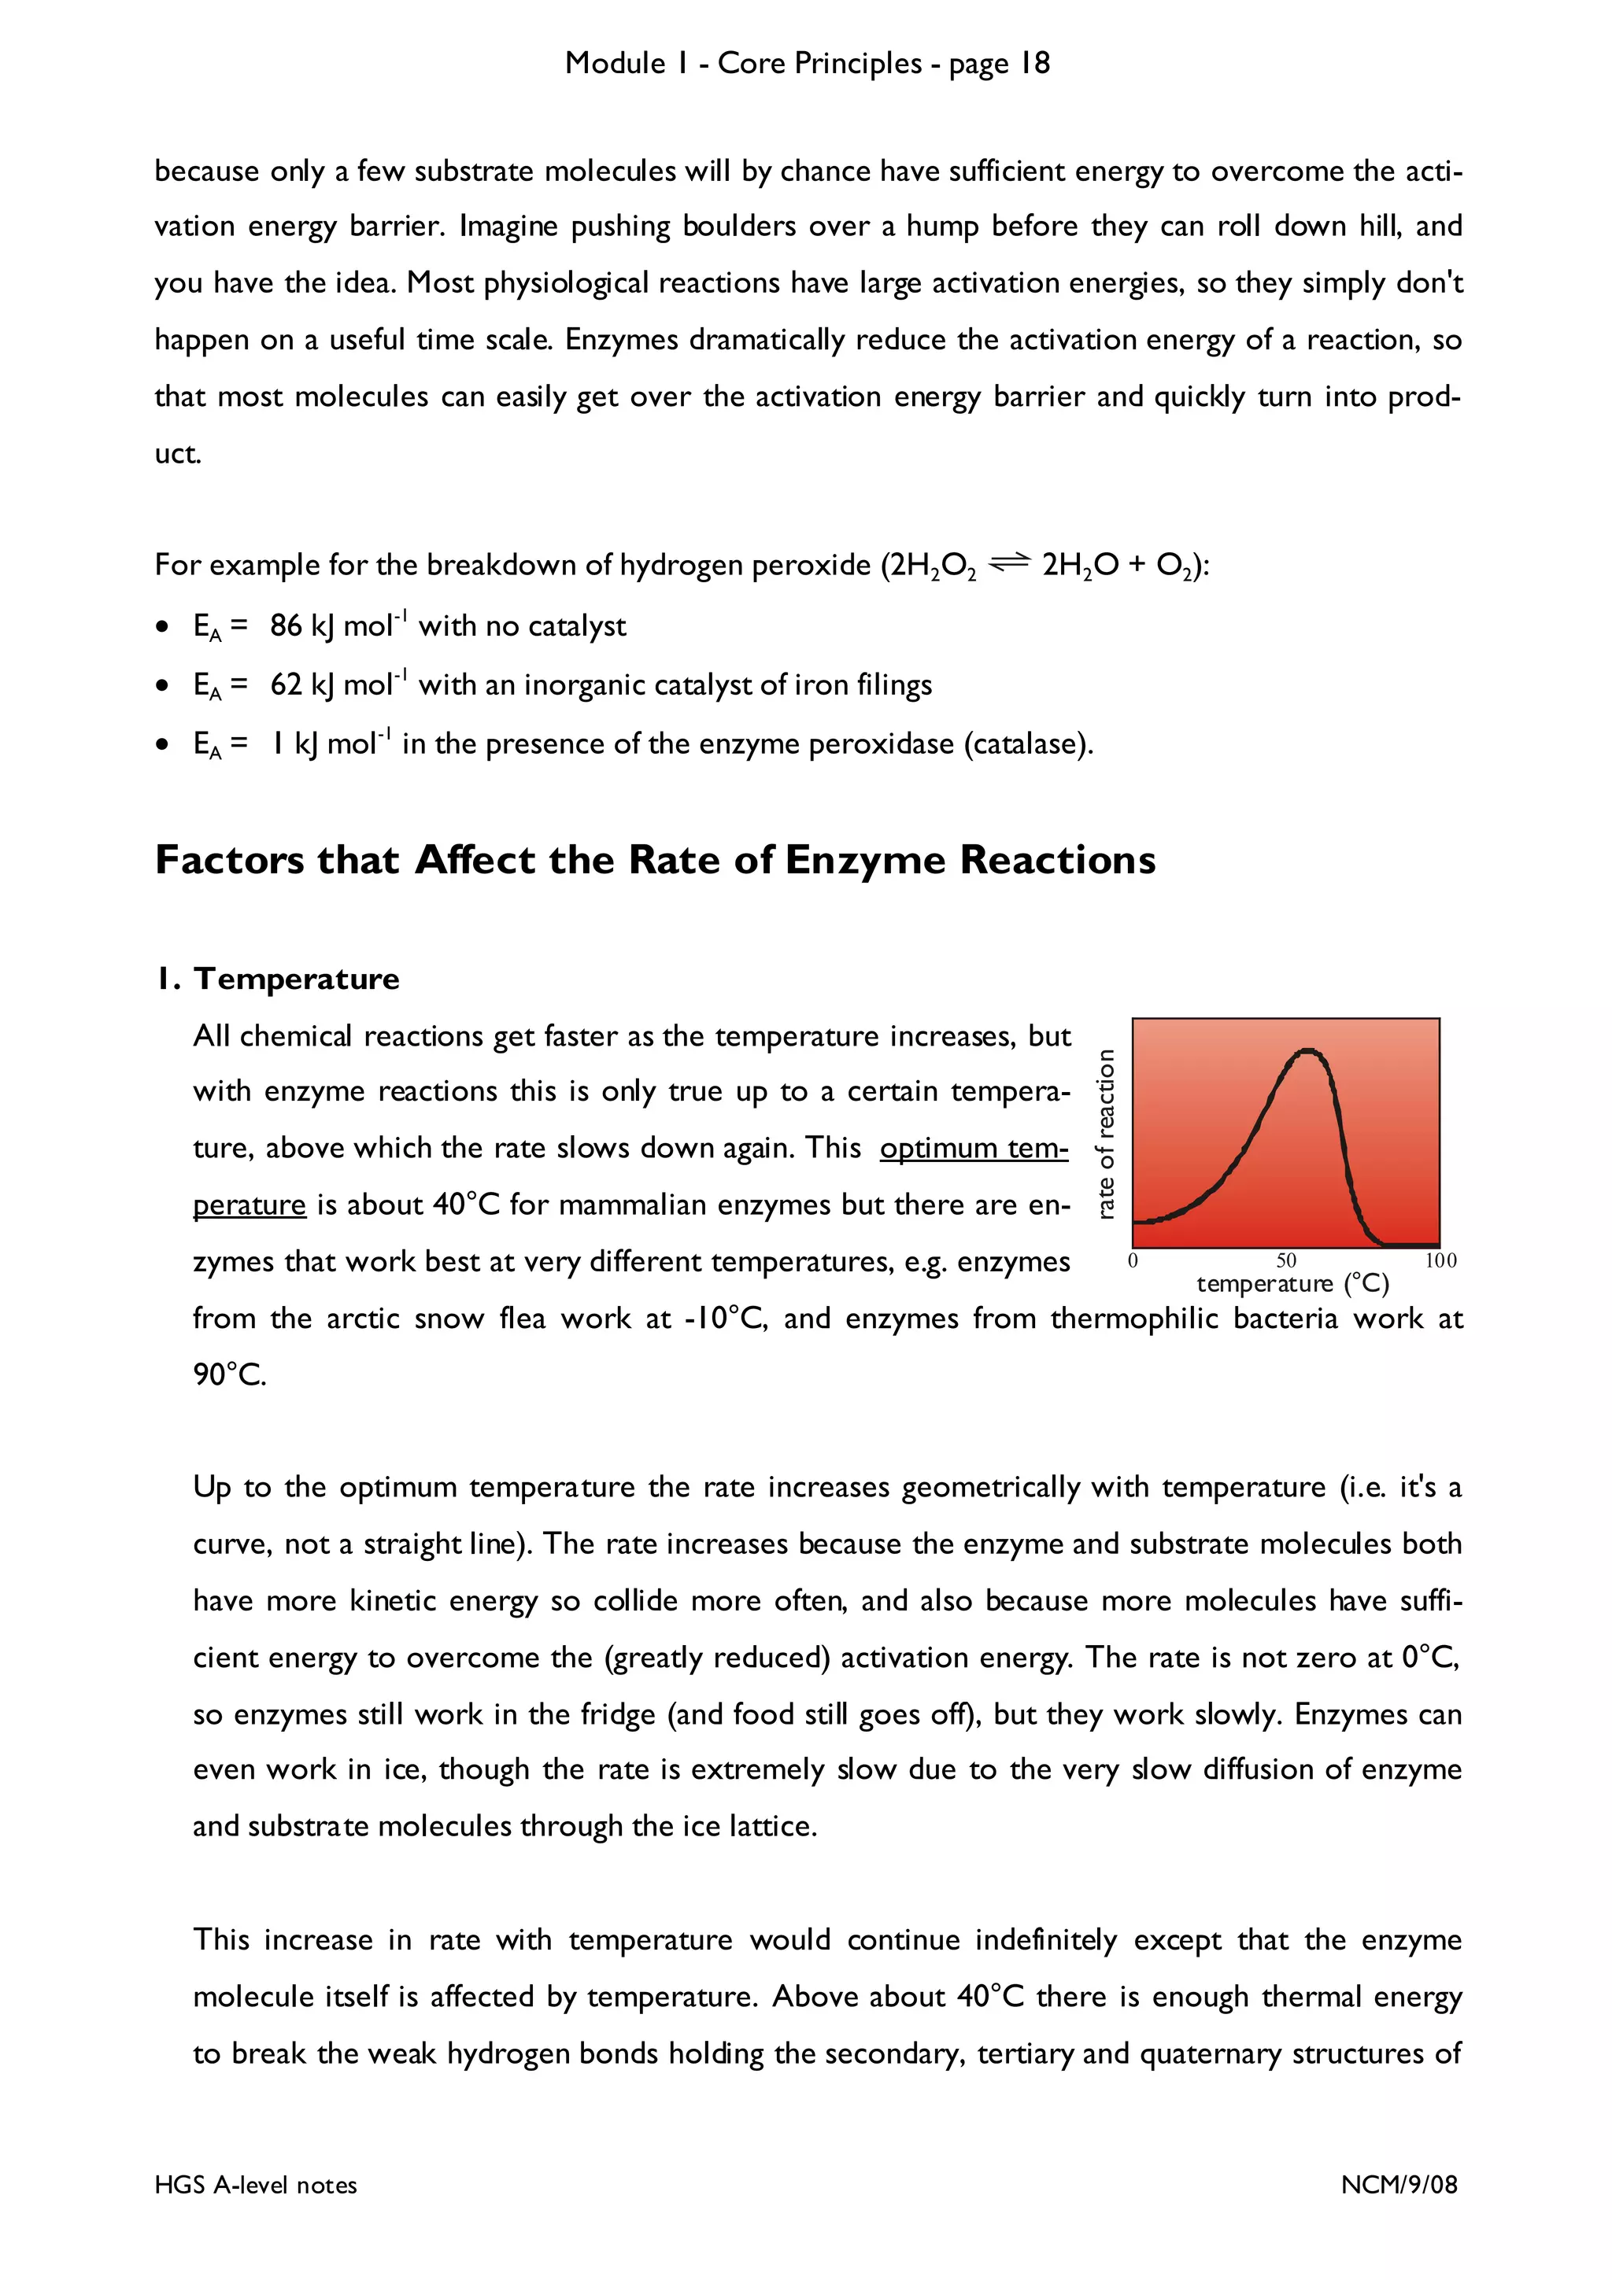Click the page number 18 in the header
tap(1035, 64)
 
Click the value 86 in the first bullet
tap(285, 625)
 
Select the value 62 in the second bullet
tap(285, 685)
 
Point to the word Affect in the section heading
tap(475, 860)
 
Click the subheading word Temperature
tap(296, 980)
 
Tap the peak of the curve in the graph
tap(1308, 1050)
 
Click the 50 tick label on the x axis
tap(1286, 1260)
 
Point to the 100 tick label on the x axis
tap(1440, 1260)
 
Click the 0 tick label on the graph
tap(1133, 1260)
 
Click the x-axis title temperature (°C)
tap(1292, 1283)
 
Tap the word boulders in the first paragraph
tap(739, 227)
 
